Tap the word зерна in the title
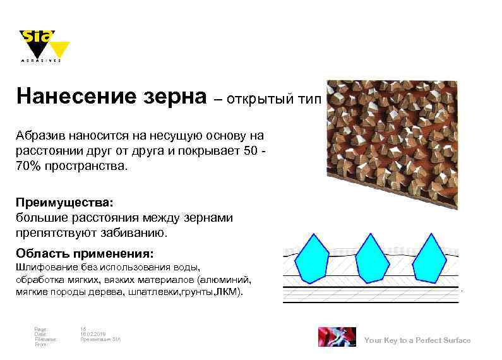coord(180,97)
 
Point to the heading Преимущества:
coord(65,204)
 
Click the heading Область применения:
coord(85,254)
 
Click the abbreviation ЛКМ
coord(227,292)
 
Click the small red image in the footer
coord(336,337)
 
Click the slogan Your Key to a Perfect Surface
coord(417,340)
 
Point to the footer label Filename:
coord(45,339)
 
